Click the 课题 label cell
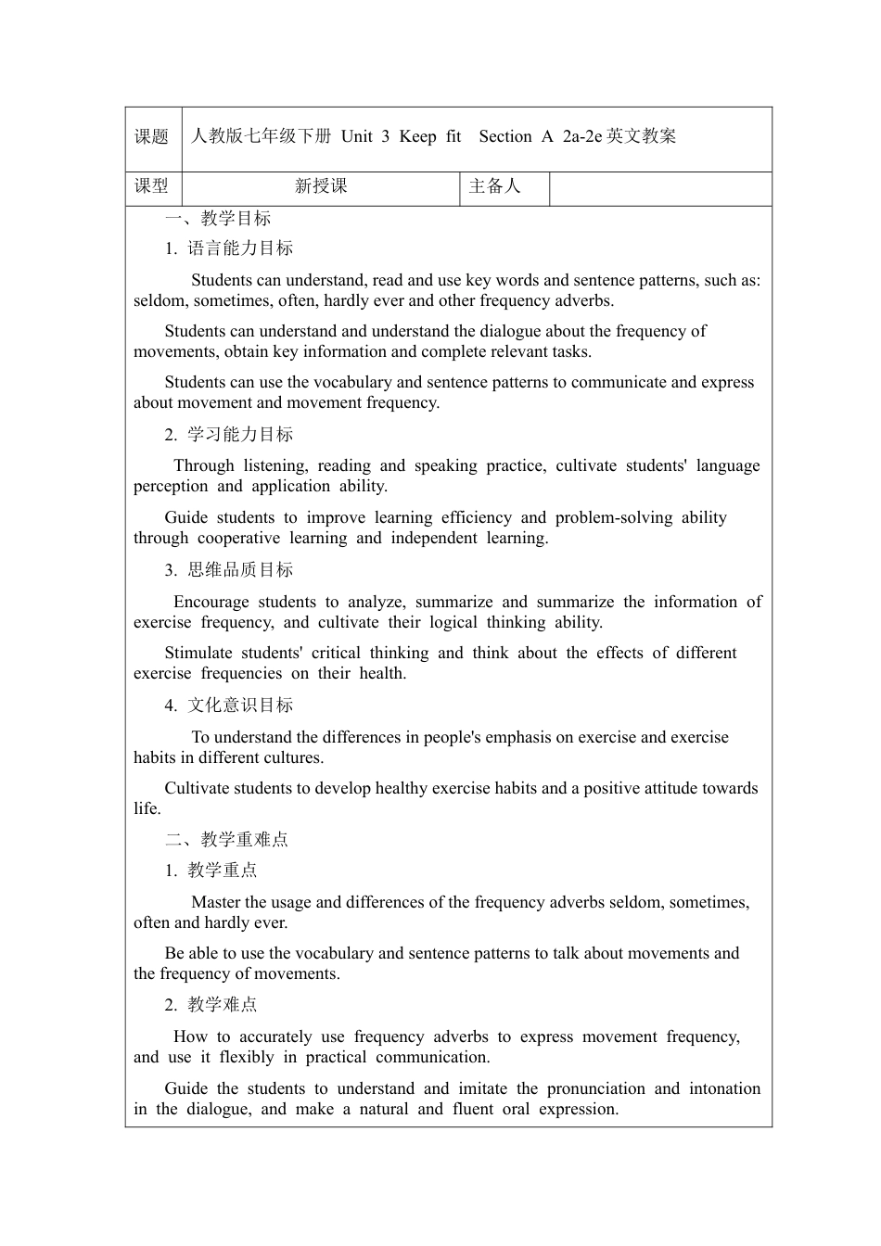152,137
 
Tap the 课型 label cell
152,186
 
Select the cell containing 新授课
321,186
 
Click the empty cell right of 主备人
660,187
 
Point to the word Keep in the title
417,136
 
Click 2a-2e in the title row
582,136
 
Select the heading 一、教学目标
218,219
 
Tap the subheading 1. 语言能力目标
229,248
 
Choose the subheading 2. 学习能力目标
229,435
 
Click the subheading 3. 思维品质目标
229,570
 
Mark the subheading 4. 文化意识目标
229,706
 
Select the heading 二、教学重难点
227,840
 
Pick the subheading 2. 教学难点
211,1005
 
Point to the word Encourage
211,602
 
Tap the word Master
217,902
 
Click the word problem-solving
613,517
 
